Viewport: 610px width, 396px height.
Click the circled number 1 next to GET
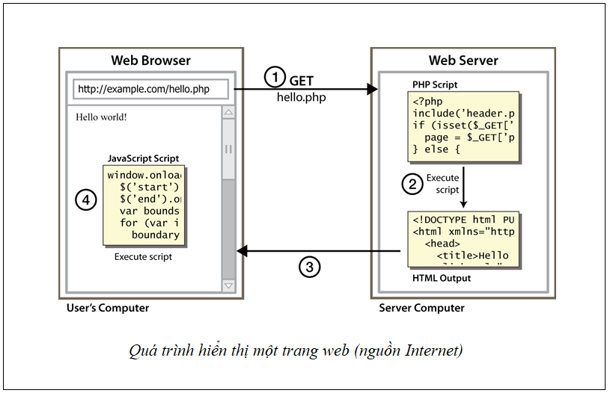275,78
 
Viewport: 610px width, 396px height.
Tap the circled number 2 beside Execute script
411,184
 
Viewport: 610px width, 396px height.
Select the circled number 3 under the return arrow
310,267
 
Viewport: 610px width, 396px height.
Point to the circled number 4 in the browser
86,200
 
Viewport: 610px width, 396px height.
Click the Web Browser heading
150,61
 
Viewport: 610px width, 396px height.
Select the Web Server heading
463,61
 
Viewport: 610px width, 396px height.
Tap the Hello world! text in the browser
102,117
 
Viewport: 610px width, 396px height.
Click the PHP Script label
434,84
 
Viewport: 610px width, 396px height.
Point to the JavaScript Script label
143,158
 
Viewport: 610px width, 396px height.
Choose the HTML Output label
442,279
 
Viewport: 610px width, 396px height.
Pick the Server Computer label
421,308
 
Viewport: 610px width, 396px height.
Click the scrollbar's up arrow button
228,112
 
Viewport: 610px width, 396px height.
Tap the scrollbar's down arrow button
228,285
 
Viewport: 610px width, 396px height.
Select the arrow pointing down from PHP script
464,187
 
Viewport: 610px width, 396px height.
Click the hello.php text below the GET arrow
301,97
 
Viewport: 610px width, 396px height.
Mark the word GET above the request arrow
302,80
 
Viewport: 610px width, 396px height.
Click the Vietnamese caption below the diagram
295,350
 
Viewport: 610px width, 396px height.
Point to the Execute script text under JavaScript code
143,256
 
